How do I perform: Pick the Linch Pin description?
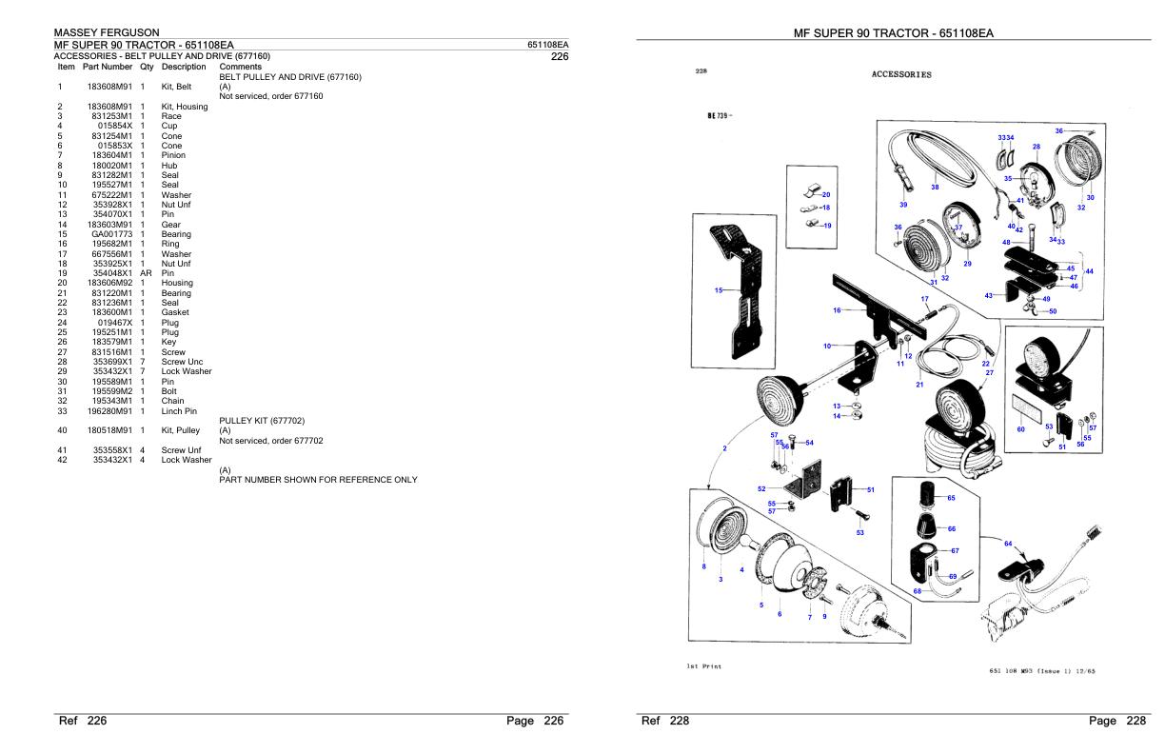[180, 411]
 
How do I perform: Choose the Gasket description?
[175, 312]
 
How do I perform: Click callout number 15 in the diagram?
[719, 290]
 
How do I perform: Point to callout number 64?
[1008, 544]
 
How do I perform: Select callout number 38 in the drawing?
[935, 187]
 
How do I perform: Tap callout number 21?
[919, 385]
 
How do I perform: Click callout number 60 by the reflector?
[1020, 429]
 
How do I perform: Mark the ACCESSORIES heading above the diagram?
[901, 74]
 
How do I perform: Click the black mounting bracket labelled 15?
[740, 286]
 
